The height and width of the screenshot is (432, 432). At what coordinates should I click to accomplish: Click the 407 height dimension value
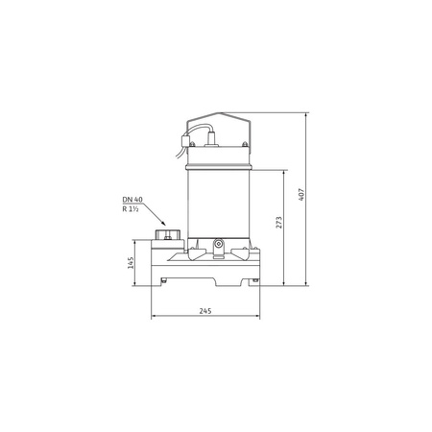pos(301,194)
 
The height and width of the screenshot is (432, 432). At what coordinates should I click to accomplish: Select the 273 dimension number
pos(279,223)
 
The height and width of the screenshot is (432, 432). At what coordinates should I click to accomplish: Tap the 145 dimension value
pos(131,263)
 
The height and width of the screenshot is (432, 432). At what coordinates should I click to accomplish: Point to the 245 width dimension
pos(205,311)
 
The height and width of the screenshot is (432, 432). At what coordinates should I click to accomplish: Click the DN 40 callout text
pos(132,200)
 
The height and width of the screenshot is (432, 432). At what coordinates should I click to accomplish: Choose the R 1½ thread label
pos(131,209)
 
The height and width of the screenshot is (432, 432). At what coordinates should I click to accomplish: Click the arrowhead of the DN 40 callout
pos(164,224)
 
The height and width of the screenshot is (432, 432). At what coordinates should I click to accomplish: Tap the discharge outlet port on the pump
pos(168,234)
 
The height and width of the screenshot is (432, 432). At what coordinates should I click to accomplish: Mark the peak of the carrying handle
pos(219,113)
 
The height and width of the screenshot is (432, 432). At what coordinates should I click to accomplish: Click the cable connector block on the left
pos(184,141)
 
